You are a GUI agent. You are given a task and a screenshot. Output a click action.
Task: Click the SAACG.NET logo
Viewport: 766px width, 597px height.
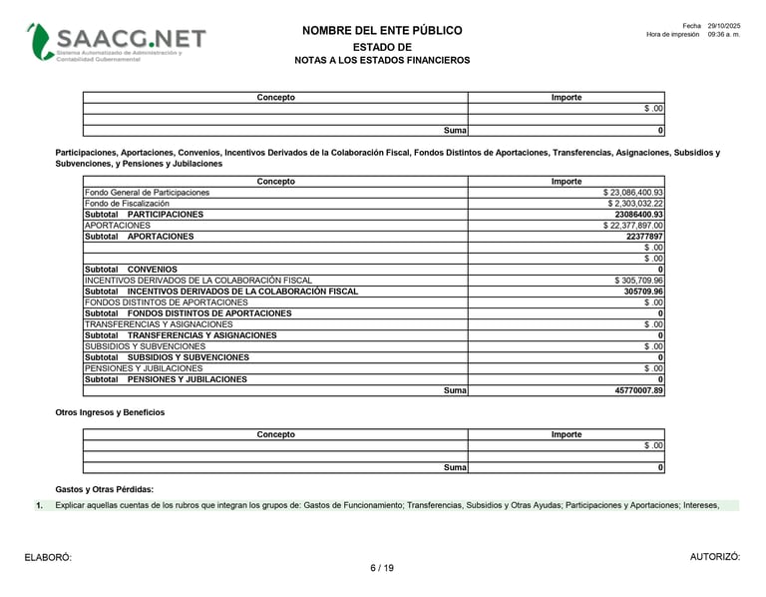tap(117, 42)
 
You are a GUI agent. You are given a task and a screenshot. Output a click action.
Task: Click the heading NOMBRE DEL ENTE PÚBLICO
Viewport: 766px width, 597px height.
tap(382, 31)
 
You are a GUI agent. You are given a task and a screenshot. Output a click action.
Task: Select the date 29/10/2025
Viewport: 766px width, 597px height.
tap(724, 25)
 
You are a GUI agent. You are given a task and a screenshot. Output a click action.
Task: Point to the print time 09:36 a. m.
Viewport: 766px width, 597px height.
tap(724, 34)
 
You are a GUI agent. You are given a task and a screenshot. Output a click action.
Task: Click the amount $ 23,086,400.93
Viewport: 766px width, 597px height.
tap(632, 193)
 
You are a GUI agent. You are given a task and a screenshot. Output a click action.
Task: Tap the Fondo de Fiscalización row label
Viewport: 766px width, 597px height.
tap(127, 204)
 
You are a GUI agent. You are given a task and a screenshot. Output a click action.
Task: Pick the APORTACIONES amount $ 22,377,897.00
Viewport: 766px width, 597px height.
tap(632, 226)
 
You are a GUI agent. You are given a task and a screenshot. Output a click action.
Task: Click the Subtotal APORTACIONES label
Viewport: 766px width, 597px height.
tap(140, 237)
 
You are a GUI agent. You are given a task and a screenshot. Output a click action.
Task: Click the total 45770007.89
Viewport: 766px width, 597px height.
tap(639, 390)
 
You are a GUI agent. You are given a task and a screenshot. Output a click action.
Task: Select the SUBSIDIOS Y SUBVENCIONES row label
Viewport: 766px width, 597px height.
tap(145, 346)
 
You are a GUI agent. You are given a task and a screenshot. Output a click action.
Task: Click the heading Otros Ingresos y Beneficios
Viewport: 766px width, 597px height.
tap(110, 412)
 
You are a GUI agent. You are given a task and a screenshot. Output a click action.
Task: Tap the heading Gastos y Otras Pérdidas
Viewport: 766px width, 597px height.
tap(105, 489)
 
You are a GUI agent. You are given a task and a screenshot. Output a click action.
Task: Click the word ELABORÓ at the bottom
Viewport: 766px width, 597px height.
tap(48, 557)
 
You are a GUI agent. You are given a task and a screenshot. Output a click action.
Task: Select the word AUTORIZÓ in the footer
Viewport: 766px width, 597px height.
tap(715, 557)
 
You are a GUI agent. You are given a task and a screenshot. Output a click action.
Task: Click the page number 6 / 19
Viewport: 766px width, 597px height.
tap(382, 568)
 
